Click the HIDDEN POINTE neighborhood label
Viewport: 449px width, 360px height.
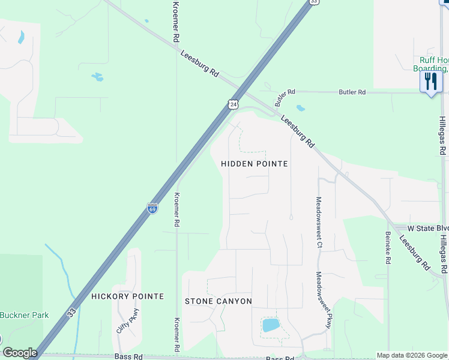tap(255, 164)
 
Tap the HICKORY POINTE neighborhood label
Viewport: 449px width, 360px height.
tap(127, 296)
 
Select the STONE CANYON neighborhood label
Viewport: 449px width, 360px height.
tap(218, 301)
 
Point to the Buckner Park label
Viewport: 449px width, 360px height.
tap(24, 315)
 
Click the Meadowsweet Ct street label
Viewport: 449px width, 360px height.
tap(319, 223)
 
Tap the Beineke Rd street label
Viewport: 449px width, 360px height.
tap(388, 248)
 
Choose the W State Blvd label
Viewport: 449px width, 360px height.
tap(427, 229)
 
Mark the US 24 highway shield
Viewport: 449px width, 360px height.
tap(233, 104)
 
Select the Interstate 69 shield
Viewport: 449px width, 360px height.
tap(152, 208)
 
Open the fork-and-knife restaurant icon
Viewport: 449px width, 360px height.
tap(431, 81)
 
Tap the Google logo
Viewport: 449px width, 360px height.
tap(20, 353)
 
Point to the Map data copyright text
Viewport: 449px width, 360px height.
tap(412, 355)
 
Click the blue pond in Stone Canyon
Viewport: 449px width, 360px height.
tap(271, 325)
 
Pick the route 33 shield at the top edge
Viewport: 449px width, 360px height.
tap(313, 2)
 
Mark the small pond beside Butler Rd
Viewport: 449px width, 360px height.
tap(300, 109)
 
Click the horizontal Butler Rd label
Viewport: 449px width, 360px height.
tap(352, 92)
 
